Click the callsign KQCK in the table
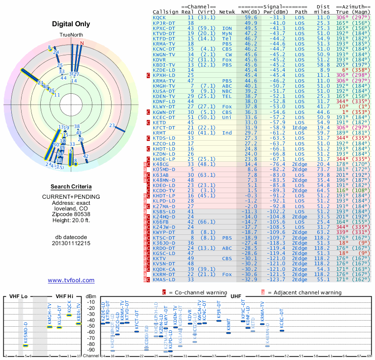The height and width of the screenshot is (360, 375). click(159, 17)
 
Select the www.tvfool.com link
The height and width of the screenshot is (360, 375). click(71, 280)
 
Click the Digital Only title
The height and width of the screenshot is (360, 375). click(71, 24)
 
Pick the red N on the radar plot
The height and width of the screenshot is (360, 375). click(82, 44)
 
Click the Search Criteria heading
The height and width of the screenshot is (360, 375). click(71, 187)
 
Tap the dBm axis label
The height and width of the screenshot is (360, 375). click(90, 297)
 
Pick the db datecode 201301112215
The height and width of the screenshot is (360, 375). click(71, 243)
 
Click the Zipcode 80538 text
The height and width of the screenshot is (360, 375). click(71, 213)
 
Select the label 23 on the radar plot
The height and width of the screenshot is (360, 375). click(112, 125)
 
